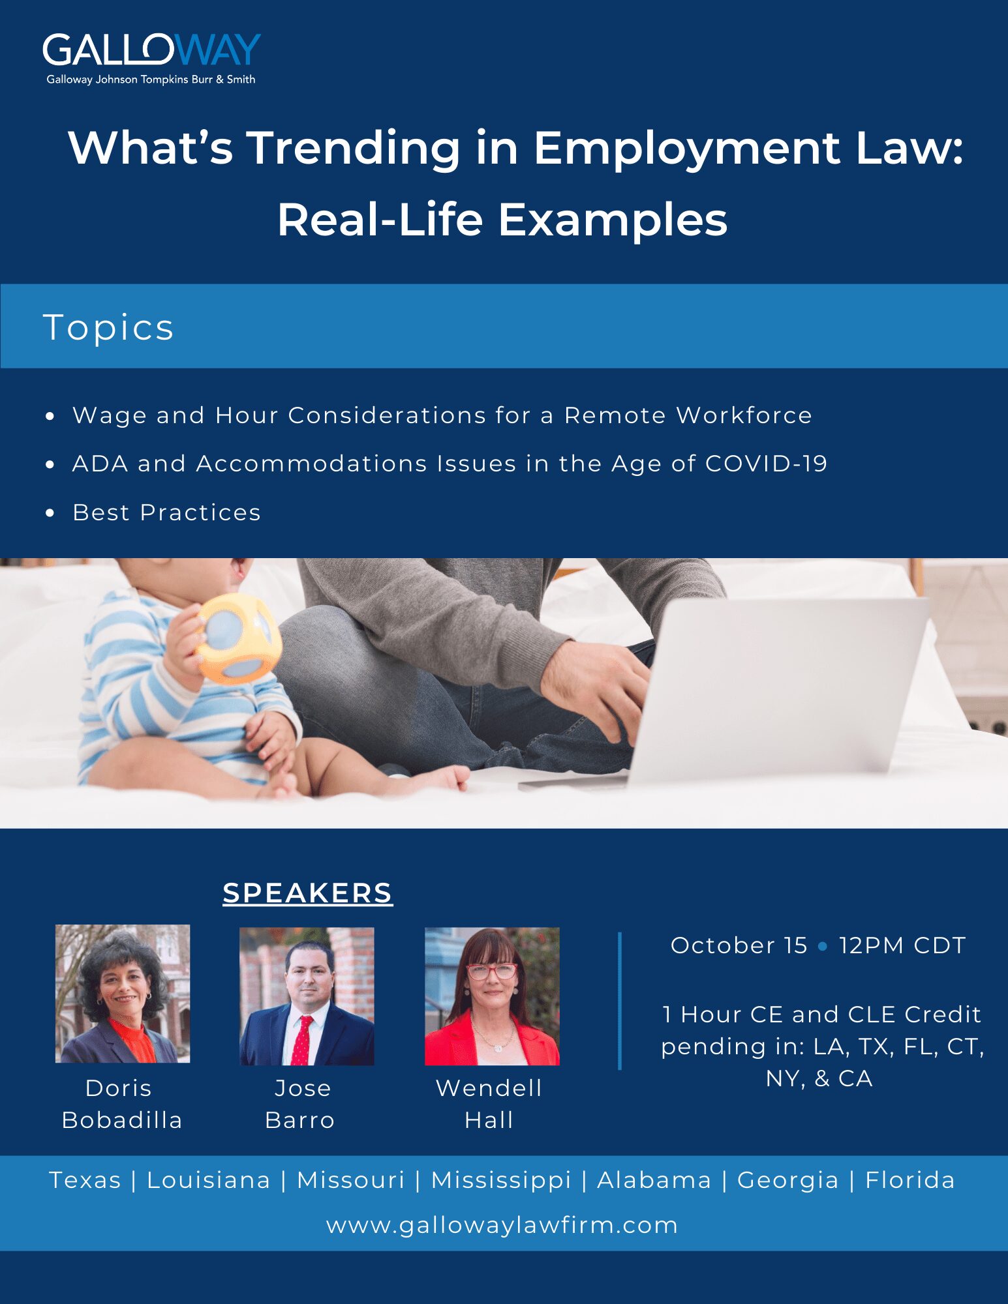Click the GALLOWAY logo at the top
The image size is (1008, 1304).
pos(151,59)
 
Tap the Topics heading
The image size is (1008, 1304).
pos(108,327)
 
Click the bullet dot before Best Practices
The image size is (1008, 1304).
pos(50,513)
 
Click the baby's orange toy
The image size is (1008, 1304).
pos(239,638)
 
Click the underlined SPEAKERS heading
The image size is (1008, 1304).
pos(307,893)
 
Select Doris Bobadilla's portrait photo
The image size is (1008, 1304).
pos(123,994)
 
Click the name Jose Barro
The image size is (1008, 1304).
pos(301,1104)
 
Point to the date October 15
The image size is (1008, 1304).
pos(739,945)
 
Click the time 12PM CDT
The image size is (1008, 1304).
pos(902,945)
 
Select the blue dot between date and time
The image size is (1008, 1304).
pos(823,946)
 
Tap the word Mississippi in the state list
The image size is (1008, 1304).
pos(501,1180)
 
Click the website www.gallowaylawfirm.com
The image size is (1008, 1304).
pos(502,1225)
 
